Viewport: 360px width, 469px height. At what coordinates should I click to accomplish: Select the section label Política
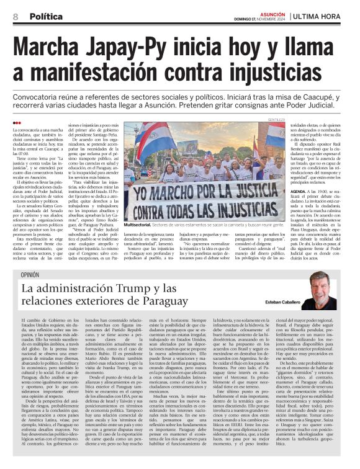point(47,17)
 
